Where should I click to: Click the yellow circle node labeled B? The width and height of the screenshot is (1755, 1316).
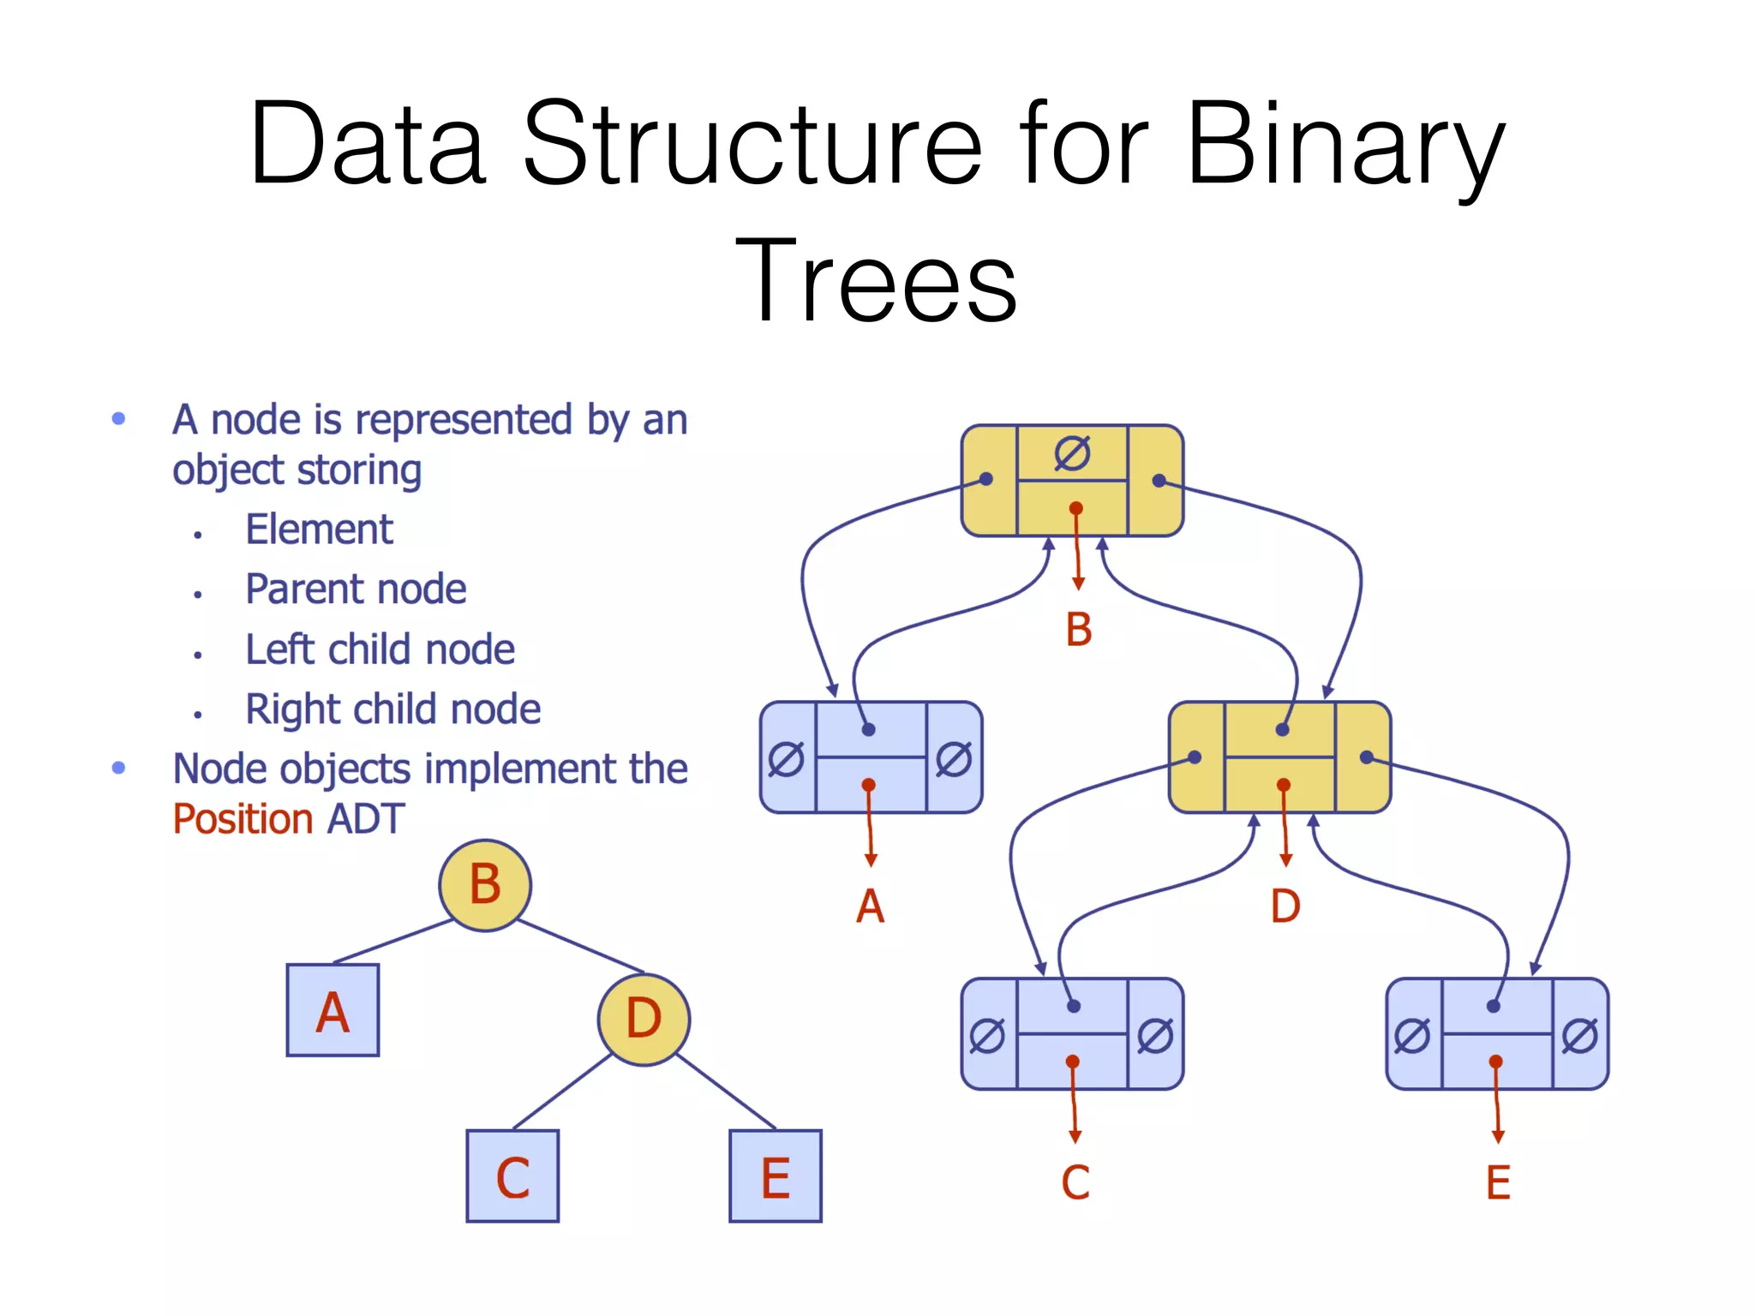click(485, 885)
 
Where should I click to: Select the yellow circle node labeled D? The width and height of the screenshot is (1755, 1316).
click(644, 1019)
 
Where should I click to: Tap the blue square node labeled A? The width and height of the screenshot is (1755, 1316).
click(332, 1010)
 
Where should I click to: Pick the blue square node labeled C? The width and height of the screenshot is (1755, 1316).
click(512, 1176)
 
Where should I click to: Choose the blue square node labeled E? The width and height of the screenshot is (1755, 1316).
click(776, 1176)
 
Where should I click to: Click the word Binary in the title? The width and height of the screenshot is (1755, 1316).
click(1345, 146)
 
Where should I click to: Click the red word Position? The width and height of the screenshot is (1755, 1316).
click(243, 819)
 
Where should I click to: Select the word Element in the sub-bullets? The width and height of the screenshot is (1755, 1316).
click(319, 529)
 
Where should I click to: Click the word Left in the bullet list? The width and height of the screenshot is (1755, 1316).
click(279, 649)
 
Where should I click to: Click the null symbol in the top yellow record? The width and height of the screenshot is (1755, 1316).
click(1072, 453)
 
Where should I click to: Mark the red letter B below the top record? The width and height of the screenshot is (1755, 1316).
click(1079, 630)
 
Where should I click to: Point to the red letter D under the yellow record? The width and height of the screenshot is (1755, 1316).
click(1285, 906)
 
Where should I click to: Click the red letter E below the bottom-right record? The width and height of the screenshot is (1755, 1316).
click(1498, 1183)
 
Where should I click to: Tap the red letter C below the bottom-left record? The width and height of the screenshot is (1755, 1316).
click(1075, 1183)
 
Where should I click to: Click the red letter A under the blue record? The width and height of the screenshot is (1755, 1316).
click(870, 906)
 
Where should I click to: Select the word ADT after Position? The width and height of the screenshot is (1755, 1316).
click(366, 819)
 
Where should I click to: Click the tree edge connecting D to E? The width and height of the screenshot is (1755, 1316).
click(727, 1092)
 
